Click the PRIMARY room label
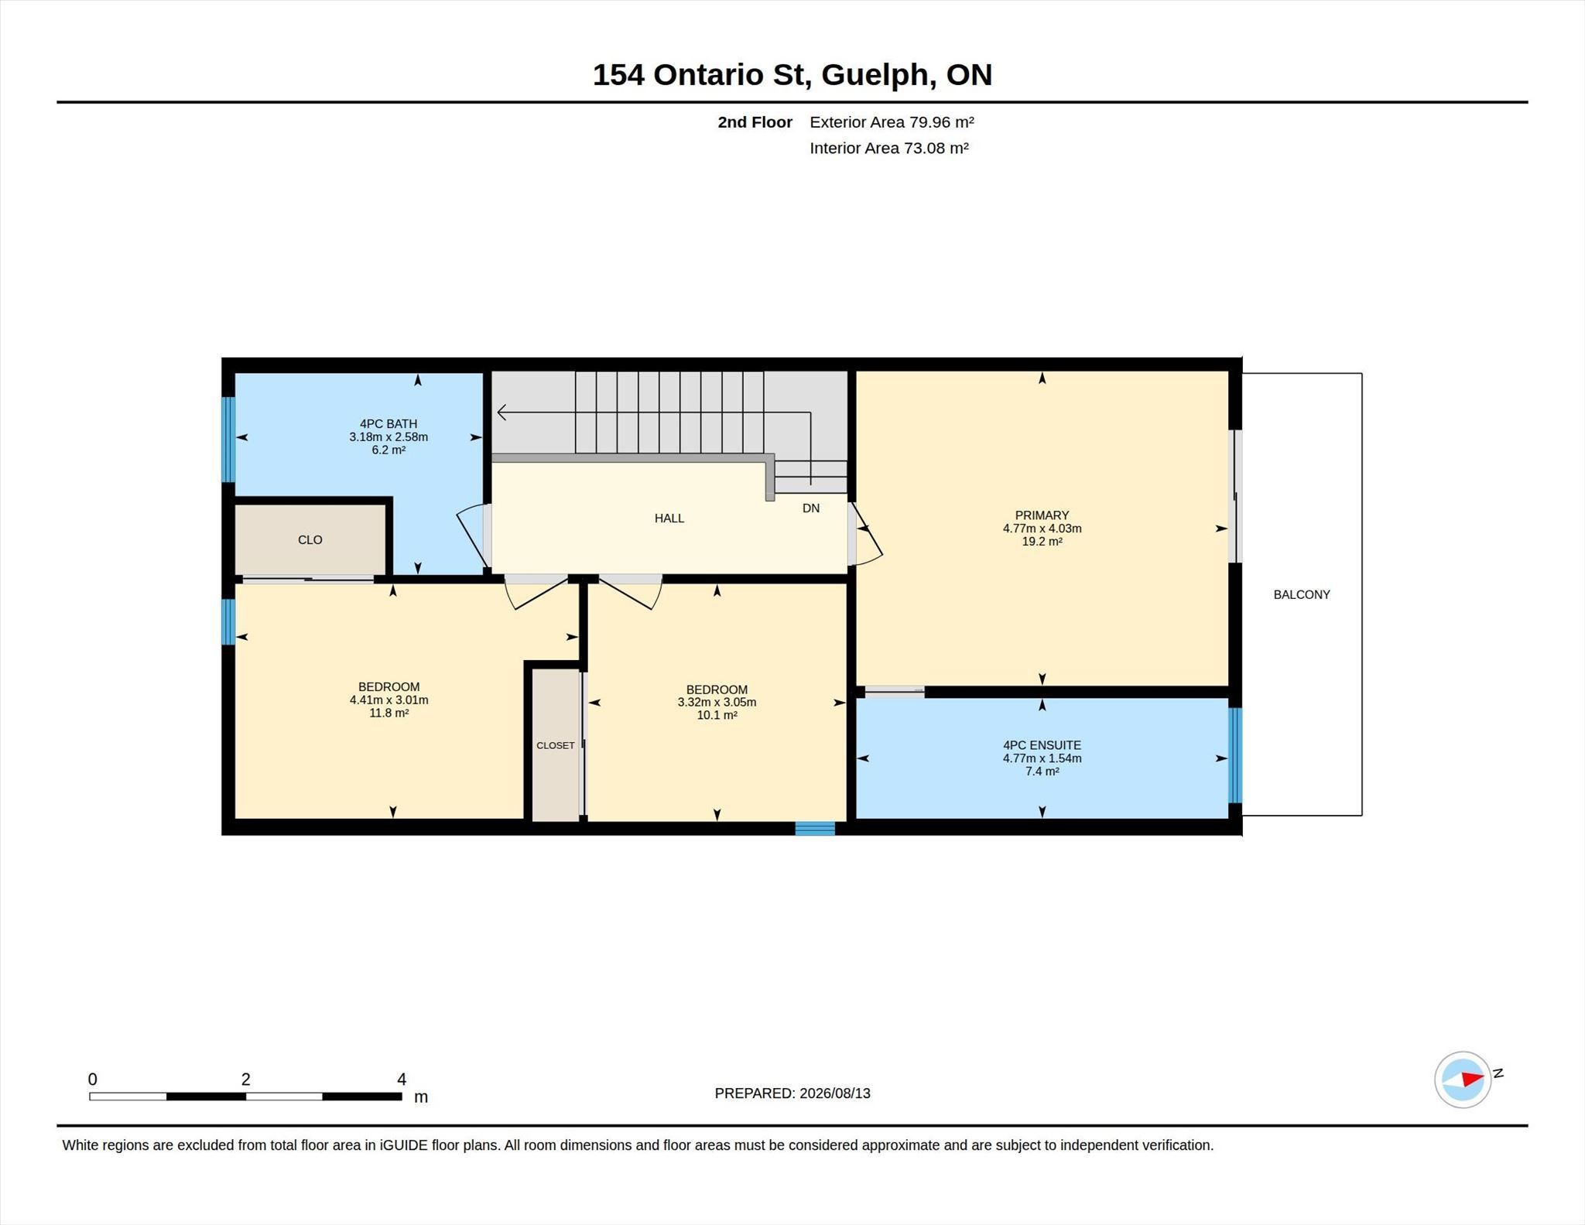pos(1042,515)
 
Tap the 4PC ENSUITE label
pos(1042,745)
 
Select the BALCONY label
pos(1302,594)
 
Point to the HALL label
pos(669,518)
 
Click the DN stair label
pos(811,508)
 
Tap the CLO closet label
pos(310,540)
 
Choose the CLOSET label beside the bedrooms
pos(556,745)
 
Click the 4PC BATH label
pos(389,424)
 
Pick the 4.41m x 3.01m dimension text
pos(389,700)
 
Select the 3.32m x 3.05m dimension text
pos(717,703)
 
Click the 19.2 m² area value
pos(1042,542)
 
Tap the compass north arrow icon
pos(1463,1080)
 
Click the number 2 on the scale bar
pos(245,1079)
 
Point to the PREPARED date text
pos(792,1093)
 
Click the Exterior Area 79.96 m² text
pos(892,122)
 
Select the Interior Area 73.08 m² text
pos(889,148)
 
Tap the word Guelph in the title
pos(875,75)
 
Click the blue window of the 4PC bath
pos(228,440)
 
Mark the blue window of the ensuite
pos(1236,755)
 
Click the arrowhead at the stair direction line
pos(502,412)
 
